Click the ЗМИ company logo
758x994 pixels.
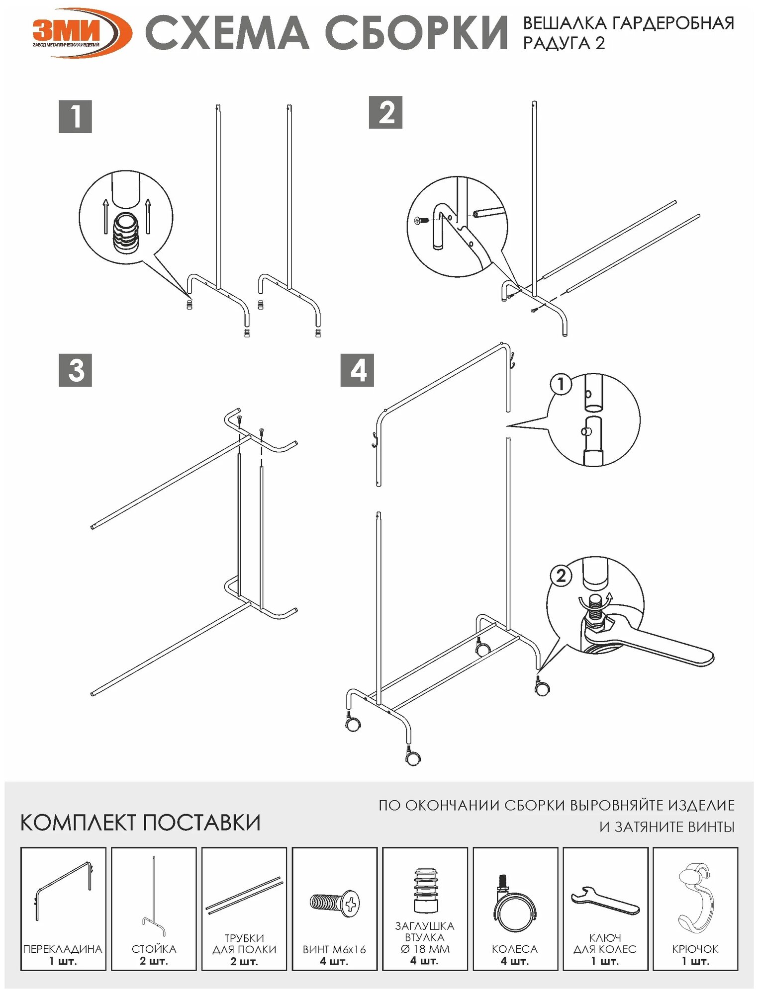coord(81,33)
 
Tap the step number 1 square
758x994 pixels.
coord(75,116)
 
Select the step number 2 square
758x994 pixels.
coord(385,112)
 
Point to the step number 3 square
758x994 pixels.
coord(75,370)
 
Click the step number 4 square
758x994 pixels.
coord(357,370)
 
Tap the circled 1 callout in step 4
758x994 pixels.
coord(561,384)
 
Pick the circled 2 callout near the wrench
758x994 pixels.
coord(561,576)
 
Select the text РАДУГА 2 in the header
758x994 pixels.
coord(564,44)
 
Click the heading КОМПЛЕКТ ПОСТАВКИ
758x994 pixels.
coord(140,823)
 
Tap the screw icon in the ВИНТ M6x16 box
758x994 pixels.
coord(335,903)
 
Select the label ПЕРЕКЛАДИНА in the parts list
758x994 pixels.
coord(63,949)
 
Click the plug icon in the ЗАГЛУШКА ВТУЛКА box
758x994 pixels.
coord(425,891)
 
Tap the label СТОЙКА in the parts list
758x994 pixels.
coord(154,949)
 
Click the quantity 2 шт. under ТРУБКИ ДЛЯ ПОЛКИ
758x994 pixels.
coord(244,961)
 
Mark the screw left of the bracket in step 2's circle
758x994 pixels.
coord(421,220)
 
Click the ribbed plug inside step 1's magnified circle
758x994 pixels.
coord(125,233)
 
